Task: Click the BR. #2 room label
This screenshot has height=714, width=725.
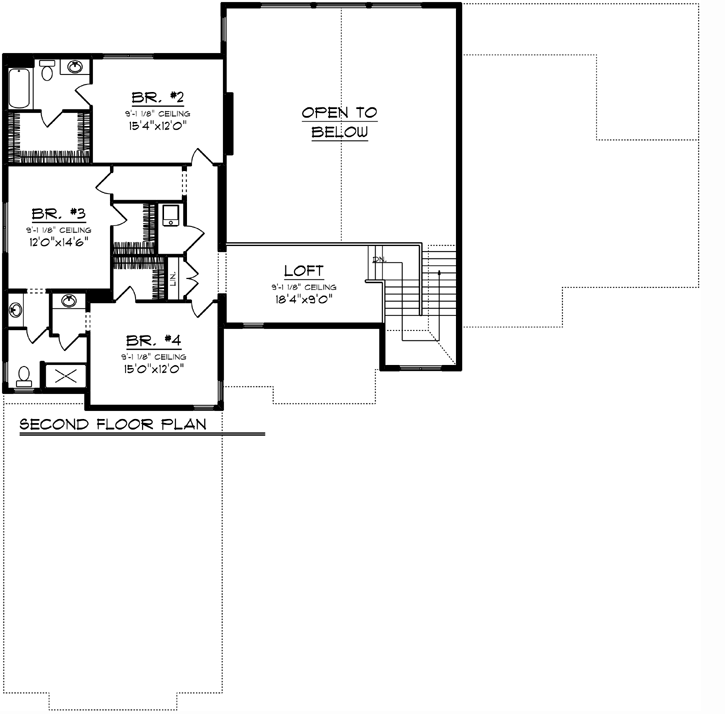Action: coord(156,97)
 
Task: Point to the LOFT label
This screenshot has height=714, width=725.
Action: coord(303,271)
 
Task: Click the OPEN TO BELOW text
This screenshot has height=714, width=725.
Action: coord(339,122)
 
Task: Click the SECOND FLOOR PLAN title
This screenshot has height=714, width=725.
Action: coord(113,424)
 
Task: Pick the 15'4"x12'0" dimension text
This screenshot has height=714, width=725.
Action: coord(156,127)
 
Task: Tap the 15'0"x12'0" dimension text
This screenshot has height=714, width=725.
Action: coord(153,368)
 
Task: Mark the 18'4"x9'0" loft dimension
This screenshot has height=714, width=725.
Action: coord(304,297)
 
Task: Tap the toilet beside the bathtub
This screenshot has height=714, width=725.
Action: coord(46,71)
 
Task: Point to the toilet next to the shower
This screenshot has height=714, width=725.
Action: coord(24,375)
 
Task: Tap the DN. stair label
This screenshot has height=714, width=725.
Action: coord(377,260)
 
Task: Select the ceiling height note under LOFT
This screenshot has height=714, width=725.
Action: coord(303,286)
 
